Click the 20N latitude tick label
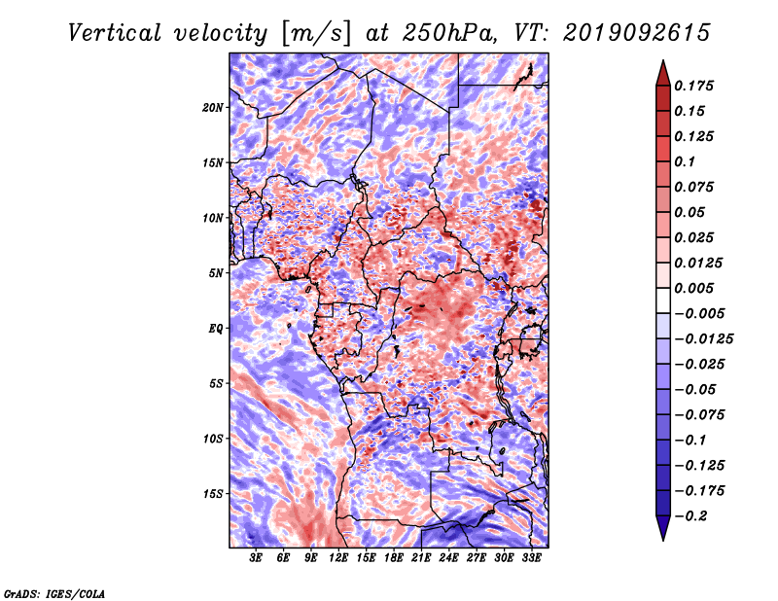point(213,108)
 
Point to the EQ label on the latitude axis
point(215,329)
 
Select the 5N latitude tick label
point(216,273)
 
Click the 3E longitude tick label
point(256,558)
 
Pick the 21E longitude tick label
point(421,558)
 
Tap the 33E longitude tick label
point(531,558)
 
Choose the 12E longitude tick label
point(338,558)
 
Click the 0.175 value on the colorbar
point(694,86)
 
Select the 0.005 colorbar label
point(694,288)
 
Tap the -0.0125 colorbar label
point(704,339)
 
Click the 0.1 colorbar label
point(685,161)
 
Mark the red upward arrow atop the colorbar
point(663,73)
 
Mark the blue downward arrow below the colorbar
point(663,528)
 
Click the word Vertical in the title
point(115,33)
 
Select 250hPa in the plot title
point(449,33)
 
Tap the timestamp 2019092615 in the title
point(637,33)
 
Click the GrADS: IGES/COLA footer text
point(54,593)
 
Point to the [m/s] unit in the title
point(316,34)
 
